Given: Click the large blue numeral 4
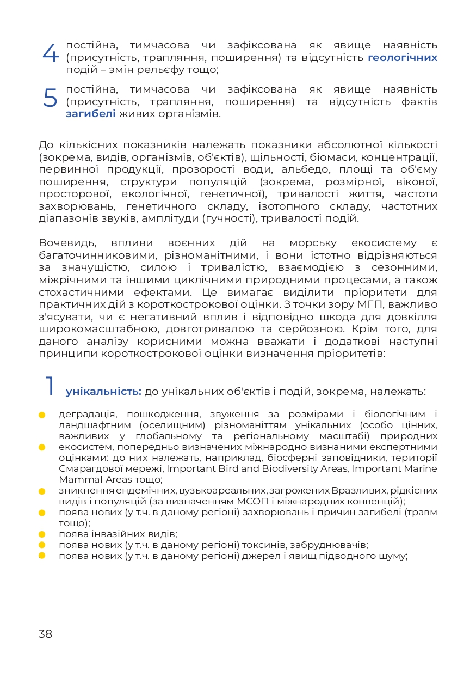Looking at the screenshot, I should pyautogui.click(x=50, y=52).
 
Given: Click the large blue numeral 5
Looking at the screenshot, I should pyautogui.click(x=50, y=98).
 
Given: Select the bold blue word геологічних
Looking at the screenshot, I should pyautogui.click(x=403, y=57).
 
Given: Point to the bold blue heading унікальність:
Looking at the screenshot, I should pyautogui.click(x=103, y=392).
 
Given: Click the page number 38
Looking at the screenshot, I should pyautogui.click(x=45, y=634).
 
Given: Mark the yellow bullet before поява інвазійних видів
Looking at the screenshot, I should pyautogui.click(x=41, y=534).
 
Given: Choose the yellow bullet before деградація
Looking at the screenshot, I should pyautogui.click(x=41, y=415).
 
